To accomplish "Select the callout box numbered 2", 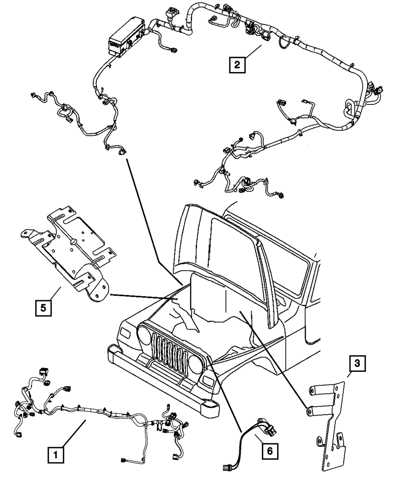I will tap(237, 64).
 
